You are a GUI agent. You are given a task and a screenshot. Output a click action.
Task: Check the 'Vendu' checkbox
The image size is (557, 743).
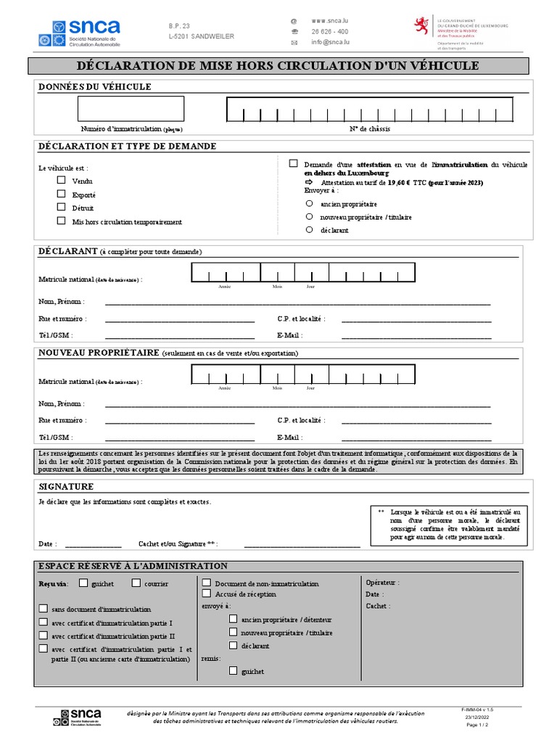[x=62, y=181]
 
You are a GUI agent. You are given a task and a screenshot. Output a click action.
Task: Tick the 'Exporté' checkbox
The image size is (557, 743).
[x=62, y=194]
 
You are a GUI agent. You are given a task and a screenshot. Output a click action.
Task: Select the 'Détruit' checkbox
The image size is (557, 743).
[x=62, y=208]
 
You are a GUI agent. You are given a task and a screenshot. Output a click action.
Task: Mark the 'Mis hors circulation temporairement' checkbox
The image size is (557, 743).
[x=62, y=221]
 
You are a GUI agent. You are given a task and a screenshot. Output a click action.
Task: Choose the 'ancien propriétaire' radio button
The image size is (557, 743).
[x=309, y=205]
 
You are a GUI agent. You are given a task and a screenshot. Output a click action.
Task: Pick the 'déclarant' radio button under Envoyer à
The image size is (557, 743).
[x=309, y=229]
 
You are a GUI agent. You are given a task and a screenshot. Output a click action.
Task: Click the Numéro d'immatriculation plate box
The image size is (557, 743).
[x=131, y=110]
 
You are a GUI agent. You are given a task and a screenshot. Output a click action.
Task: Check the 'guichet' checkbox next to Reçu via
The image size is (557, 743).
[x=84, y=583]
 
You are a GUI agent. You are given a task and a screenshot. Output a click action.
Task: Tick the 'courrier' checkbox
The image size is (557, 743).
[x=136, y=583]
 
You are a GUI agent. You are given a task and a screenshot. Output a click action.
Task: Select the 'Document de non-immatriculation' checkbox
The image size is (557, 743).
[x=207, y=583]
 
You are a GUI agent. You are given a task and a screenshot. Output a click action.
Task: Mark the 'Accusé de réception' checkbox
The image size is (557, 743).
[x=207, y=594]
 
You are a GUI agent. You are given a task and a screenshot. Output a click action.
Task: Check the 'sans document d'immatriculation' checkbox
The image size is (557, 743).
[x=44, y=609]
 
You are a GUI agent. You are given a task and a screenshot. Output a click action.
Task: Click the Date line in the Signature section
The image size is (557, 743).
[x=93, y=544]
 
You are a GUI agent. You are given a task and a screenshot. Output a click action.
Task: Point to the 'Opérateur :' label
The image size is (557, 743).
[x=382, y=583]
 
